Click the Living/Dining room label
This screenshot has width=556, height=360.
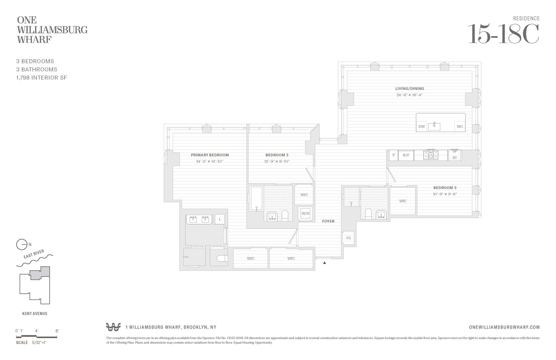(x=409, y=89)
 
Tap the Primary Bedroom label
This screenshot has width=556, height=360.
(x=210, y=155)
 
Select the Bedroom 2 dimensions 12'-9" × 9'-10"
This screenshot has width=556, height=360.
(x=277, y=161)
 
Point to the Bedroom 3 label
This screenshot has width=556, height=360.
(x=445, y=188)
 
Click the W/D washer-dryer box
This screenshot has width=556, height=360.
(x=305, y=213)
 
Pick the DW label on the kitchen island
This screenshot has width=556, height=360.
(x=421, y=127)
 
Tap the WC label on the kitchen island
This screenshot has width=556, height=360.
(x=460, y=127)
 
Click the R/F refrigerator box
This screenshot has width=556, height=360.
(x=406, y=155)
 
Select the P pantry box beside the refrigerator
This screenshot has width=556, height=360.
(x=393, y=155)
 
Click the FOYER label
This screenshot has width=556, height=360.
(x=328, y=221)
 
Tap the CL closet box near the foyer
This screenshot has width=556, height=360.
(x=349, y=238)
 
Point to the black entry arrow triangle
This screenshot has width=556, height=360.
(x=324, y=263)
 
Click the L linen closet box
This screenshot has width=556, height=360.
(x=220, y=219)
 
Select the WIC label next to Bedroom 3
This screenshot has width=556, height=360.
(x=403, y=201)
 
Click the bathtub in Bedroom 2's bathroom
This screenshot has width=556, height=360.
(x=256, y=198)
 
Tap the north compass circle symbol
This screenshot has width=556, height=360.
(x=22, y=245)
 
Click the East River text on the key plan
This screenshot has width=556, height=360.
(x=34, y=254)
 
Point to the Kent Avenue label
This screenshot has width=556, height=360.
(x=35, y=314)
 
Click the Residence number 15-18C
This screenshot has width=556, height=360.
(x=503, y=34)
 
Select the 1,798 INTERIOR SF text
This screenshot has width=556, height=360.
(x=42, y=78)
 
